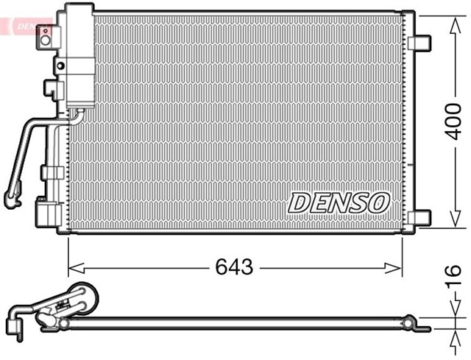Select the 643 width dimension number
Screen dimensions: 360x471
click(x=235, y=267)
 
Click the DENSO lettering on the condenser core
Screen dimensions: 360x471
click(x=338, y=202)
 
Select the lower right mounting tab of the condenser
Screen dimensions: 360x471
click(x=419, y=217)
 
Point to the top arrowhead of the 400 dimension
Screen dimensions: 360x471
click(x=451, y=19)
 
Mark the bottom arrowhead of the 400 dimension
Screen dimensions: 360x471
click(x=451, y=225)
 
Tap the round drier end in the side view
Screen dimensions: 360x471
click(x=82, y=299)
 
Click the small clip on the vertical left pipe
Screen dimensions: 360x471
click(x=51, y=172)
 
